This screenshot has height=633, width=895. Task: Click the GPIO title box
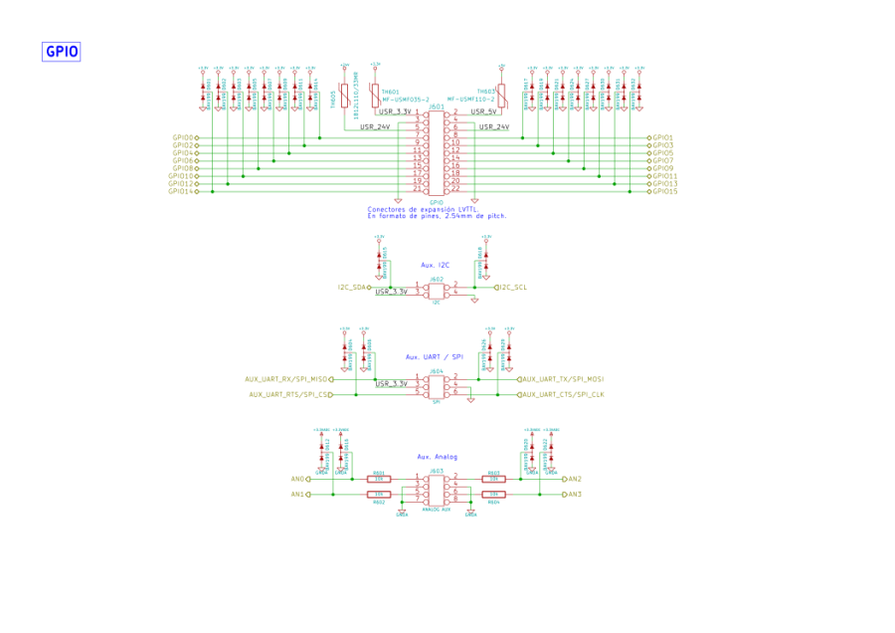pos(61,52)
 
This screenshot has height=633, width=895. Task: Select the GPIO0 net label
pos(183,137)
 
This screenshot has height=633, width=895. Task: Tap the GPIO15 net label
pos(665,191)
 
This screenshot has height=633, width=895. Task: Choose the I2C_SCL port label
pos(513,287)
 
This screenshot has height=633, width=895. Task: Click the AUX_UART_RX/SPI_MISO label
pos(287,379)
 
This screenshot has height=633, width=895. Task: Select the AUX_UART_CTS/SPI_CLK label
pos(564,394)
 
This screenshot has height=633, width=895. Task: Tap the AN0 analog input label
pos(297,479)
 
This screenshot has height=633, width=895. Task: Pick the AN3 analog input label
pos(575,494)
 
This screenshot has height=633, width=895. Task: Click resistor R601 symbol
pos(378,479)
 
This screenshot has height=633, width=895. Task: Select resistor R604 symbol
pos(494,494)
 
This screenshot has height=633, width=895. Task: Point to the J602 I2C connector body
pos(436,290)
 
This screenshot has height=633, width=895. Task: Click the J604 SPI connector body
pos(436,386)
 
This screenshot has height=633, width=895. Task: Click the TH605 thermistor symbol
pos(344,97)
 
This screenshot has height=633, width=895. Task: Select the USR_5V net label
pos(484,112)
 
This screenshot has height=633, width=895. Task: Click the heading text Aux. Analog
pos(437,456)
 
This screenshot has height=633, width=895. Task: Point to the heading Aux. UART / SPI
pos(435,356)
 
